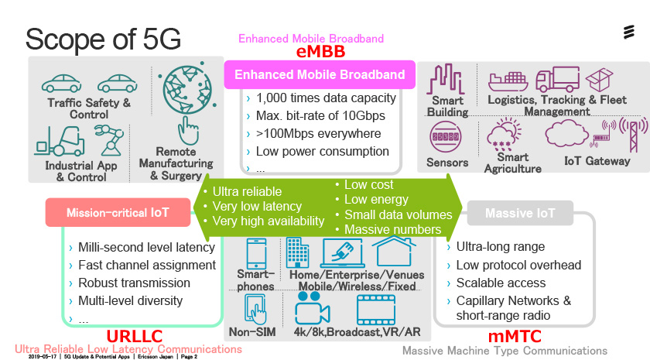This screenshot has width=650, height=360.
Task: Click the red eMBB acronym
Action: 320,52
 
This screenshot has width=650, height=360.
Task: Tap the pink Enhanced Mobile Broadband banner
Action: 320,74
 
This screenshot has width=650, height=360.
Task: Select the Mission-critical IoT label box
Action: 118,212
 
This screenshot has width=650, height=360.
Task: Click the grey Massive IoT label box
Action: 520,213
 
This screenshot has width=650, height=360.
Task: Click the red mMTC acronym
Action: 515,336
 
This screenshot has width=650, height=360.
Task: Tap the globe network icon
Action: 189,88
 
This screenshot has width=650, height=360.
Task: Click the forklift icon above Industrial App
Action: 60,142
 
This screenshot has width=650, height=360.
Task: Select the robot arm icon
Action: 108,141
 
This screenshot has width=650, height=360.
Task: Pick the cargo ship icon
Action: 508,81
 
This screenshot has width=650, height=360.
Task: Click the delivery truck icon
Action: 558,79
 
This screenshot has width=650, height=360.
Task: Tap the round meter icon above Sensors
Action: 446,136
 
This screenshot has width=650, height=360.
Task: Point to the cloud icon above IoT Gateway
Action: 566,134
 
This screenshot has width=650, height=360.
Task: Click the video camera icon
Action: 312,309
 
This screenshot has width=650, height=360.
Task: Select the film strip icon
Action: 376,310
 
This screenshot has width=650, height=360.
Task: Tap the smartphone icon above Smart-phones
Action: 257,254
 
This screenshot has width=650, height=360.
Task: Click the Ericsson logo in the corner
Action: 629,32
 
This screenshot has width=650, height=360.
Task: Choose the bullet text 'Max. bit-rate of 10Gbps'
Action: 320,115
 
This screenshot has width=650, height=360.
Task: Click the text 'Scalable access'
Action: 501,283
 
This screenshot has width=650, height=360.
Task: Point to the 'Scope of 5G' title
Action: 103,39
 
